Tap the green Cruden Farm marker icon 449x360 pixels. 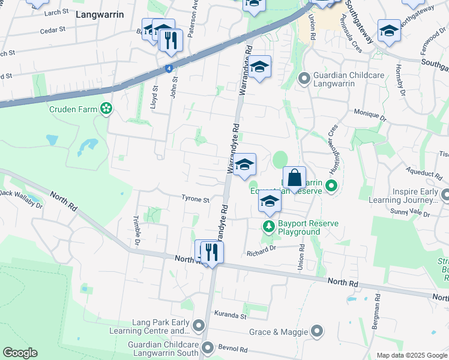[x=106, y=109]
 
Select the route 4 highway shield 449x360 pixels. [x=170, y=68]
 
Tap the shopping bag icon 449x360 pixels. [x=294, y=178]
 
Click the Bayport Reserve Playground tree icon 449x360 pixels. [x=268, y=227]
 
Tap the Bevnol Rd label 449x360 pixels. [x=234, y=349]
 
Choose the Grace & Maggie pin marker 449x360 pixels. [x=317, y=331]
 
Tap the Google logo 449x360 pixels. [x=20, y=352]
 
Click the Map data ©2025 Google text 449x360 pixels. [x=411, y=355]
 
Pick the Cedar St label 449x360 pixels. [x=52, y=30]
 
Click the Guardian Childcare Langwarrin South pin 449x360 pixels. [x=208, y=347]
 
